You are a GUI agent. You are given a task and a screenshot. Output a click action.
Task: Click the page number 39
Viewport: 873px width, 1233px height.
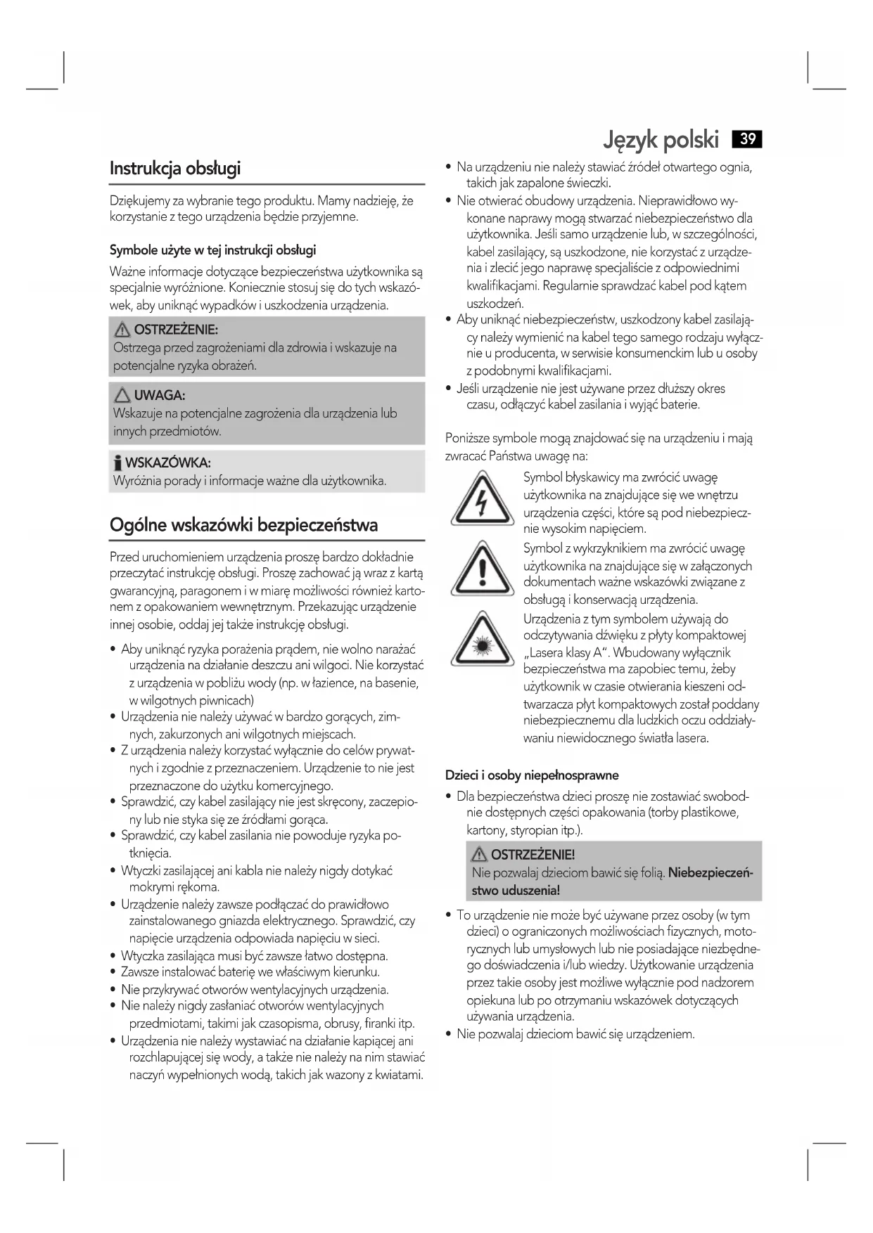[x=747, y=138]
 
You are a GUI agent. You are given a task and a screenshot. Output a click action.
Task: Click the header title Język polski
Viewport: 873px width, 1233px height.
[x=661, y=141]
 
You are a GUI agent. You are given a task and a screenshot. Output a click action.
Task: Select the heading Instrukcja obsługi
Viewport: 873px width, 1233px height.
[x=175, y=168]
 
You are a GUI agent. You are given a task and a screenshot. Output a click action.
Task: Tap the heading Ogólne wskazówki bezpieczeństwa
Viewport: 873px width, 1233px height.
[x=243, y=525]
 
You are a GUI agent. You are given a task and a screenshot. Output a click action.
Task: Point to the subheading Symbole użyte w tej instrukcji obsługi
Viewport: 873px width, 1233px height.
[x=212, y=250]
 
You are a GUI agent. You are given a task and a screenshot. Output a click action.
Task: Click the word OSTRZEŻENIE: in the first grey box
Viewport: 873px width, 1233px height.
[x=176, y=330]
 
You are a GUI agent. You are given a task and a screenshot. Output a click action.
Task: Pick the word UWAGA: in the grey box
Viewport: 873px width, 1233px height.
[x=160, y=396]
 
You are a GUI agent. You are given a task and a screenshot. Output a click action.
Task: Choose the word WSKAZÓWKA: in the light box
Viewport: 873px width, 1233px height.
[x=168, y=463]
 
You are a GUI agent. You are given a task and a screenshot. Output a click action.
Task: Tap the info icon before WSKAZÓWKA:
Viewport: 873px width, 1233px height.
[x=118, y=463]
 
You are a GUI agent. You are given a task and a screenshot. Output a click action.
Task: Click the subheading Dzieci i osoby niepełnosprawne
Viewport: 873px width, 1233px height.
[x=532, y=775]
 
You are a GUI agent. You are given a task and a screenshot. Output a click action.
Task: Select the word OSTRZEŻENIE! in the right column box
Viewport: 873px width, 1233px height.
[x=533, y=855]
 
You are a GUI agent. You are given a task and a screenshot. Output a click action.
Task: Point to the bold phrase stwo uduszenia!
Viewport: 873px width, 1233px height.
[x=516, y=891]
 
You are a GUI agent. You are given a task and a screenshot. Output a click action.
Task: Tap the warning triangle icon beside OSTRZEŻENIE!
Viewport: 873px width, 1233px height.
[x=480, y=855]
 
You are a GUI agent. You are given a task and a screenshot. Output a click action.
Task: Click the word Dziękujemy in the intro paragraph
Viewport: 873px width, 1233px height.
[x=139, y=201]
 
